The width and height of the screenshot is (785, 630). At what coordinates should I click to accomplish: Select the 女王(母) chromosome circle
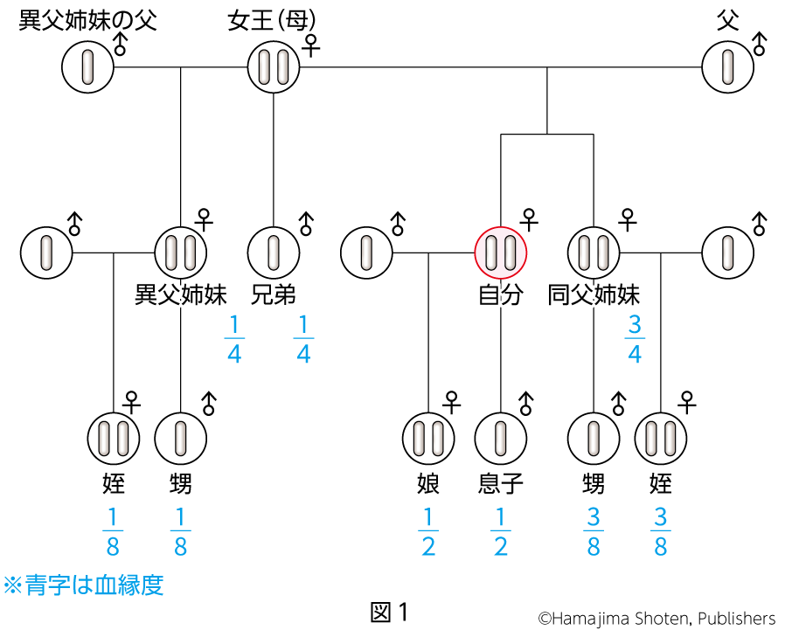(x=274, y=67)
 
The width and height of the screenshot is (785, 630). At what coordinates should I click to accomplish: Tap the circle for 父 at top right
(x=728, y=67)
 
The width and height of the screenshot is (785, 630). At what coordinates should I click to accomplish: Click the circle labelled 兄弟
(x=274, y=252)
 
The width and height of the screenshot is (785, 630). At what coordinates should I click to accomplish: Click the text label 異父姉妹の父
(x=88, y=21)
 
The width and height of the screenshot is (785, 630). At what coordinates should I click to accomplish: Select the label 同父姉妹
(x=594, y=295)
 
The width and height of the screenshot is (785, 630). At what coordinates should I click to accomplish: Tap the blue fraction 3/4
(x=635, y=338)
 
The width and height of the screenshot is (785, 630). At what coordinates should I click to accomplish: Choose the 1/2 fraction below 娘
(x=428, y=531)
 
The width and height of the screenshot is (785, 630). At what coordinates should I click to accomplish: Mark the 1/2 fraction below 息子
(x=501, y=531)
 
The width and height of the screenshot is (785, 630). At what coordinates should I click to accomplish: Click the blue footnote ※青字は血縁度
(x=84, y=585)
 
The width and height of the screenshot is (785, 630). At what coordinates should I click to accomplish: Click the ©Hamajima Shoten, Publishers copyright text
(x=656, y=619)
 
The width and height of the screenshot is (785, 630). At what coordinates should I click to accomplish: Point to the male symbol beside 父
(x=760, y=44)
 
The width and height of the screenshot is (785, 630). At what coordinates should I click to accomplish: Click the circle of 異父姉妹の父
(x=88, y=67)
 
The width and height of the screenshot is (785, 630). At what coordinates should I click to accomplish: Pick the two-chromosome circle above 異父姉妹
(x=181, y=252)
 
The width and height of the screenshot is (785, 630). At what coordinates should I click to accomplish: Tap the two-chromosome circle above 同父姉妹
(x=594, y=252)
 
